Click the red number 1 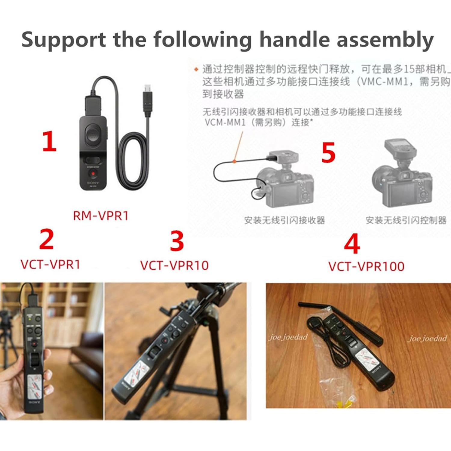tap(49, 141)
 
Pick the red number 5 tap(328, 152)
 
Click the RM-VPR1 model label tap(101, 216)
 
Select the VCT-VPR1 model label tap(51, 264)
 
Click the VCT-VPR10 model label tap(174, 265)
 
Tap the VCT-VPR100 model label tap(366, 266)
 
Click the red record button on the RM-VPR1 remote tap(93, 173)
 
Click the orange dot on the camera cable tap(235, 161)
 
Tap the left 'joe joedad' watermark tap(288, 337)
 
